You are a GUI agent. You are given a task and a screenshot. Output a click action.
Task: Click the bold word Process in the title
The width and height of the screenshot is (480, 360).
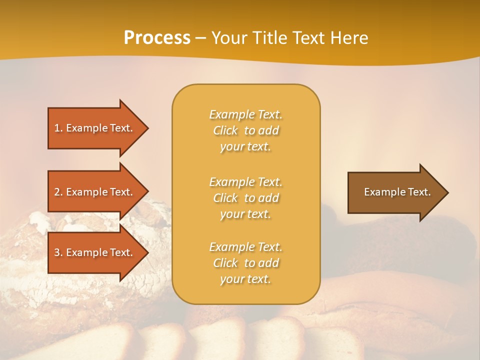pyautogui.click(x=157, y=38)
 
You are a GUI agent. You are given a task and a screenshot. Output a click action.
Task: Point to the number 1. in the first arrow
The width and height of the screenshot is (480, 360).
pyautogui.click(x=58, y=128)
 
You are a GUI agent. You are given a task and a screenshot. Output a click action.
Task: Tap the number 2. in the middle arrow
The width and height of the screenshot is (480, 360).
pyautogui.click(x=58, y=192)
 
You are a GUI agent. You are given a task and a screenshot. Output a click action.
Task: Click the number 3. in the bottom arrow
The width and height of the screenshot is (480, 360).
pyautogui.click(x=58, y=252)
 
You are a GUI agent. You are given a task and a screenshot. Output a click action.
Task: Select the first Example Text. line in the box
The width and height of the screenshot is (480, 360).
pyautogui.click(x=245, y=114)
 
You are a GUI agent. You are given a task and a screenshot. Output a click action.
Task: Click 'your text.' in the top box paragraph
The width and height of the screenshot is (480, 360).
pyautogui.click(x=245, y=146)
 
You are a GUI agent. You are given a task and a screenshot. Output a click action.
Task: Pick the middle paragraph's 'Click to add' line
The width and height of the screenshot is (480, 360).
pyautogui.click(x=245, y=198)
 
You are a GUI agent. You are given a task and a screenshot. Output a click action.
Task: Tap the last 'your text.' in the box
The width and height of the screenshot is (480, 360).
pyautogui.click(x=245, y=279)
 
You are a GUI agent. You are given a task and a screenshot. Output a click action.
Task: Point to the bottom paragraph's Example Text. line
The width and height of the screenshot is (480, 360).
pyautogui.click(x=245, y=247)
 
